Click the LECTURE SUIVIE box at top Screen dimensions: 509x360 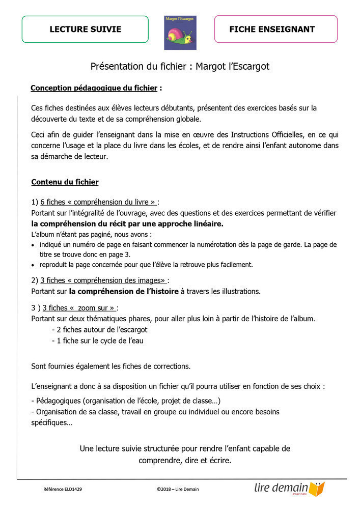pyautogui.click(x=85, y=29)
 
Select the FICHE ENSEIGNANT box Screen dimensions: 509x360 pyautogui.click(x=275, y=29)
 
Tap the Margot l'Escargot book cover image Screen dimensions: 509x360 pyautogui.click(x=180, y=33)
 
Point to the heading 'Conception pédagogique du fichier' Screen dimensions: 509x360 pyautogui.click(x=94, y=88)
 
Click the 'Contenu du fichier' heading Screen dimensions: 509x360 pyautogui.click(x=65, y=182)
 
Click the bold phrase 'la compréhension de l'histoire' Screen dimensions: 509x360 pyautogui.click(x=124, y=291)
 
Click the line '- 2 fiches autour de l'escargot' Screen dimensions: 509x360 pyautogui.click(x=100, y=329)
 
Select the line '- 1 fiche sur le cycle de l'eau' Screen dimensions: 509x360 pyautogui.click(x=98, y=341)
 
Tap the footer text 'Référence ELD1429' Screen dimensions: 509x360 pyautogui.click(x=63, y=489)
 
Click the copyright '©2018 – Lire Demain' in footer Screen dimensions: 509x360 pyautogui.click(x=178, y=489)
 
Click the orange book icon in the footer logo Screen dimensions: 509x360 pyautogui.click(x=317, y=489)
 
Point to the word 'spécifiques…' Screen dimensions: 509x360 pyautogui.click(x=51, y=422)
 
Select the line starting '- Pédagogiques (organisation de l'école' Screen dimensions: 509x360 pyautogui.click(x=126, y=400)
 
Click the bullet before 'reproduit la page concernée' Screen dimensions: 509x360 pyautogui.click(x=34, y=265)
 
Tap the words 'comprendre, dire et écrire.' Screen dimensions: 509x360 pyautogui.click(x=185, y=460)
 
